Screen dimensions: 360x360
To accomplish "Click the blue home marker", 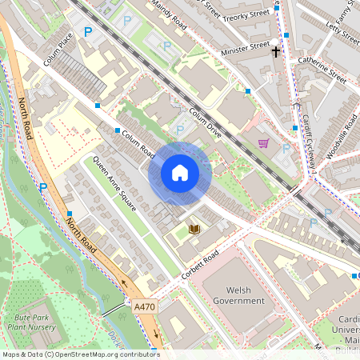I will click(x=180, y=172).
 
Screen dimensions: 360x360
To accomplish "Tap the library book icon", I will click(x=194, y=230).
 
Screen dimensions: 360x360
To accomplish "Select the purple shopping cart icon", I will click(x=263, y=144).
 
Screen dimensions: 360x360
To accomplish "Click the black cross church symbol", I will click(x=275, y=51).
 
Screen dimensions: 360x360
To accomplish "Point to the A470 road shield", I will click(x=145, y=306).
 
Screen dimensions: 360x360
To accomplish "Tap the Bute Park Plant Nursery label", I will click(x=30, y=321).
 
